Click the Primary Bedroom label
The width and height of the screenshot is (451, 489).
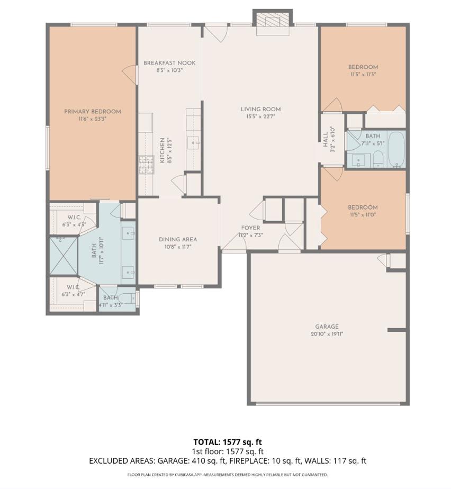click(x=92, y=112)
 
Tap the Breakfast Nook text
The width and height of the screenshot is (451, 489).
click(x=169, y=63)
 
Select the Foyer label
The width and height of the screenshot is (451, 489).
click(x=250, y=228)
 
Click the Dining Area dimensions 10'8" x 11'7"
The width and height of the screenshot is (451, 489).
click(x=178, y=247)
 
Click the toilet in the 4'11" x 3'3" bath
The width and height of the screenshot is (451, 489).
click(x=123, y=298)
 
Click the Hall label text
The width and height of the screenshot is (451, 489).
click(x=326, y=140)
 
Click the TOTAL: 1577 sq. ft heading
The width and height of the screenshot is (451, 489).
click(x=228, y=441)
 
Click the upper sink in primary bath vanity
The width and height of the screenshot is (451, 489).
click(x=130, y=232)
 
